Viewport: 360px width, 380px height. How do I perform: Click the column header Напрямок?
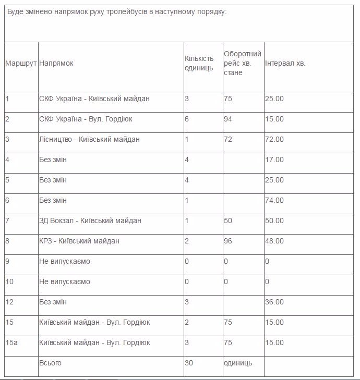pyautogui.click(x=56, y=63)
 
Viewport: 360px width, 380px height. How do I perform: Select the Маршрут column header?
pyautogui.click(x=21, y=63)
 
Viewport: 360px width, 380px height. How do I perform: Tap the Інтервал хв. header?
pyautogui.click(x=285, y=63)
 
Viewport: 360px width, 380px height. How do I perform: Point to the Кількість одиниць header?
pyautogui.click(x=199, y=63)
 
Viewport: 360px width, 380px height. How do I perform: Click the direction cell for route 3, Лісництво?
pyautogui.click(x=89, y=139)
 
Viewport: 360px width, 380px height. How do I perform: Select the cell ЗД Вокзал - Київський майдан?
pyautogui.click(x=90, y=220)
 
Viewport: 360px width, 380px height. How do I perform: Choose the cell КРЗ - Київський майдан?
pyautogui.click(x=79, y=241)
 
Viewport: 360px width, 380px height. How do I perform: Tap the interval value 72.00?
pyautogui.click(x=274, y=139)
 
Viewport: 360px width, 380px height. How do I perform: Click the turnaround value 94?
pyautogui.click(x=228, y=119)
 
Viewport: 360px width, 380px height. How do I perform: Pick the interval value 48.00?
pyautogui.click(x=274, y=241)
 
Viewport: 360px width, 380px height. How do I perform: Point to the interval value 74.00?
pyautogui.click(x=274, y=200)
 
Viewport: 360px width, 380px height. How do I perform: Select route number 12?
pyautogui.click(x=9, y=302)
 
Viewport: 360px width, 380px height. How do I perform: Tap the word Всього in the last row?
pyautogui.click(x=50, y=363)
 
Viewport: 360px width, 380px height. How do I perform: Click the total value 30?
pyautogui.click(x=189, y=363)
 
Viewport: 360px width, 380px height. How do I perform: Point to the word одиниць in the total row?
pyautogui.click(x=238, y=363)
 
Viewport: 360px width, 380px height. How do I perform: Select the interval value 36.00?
pyautogui.click(x=274, y=302)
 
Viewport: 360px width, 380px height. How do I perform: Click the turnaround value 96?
pyautogui.click(x=228, y=241)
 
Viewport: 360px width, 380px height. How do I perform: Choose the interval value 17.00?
pyautogui.click(x=274, y=160)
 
